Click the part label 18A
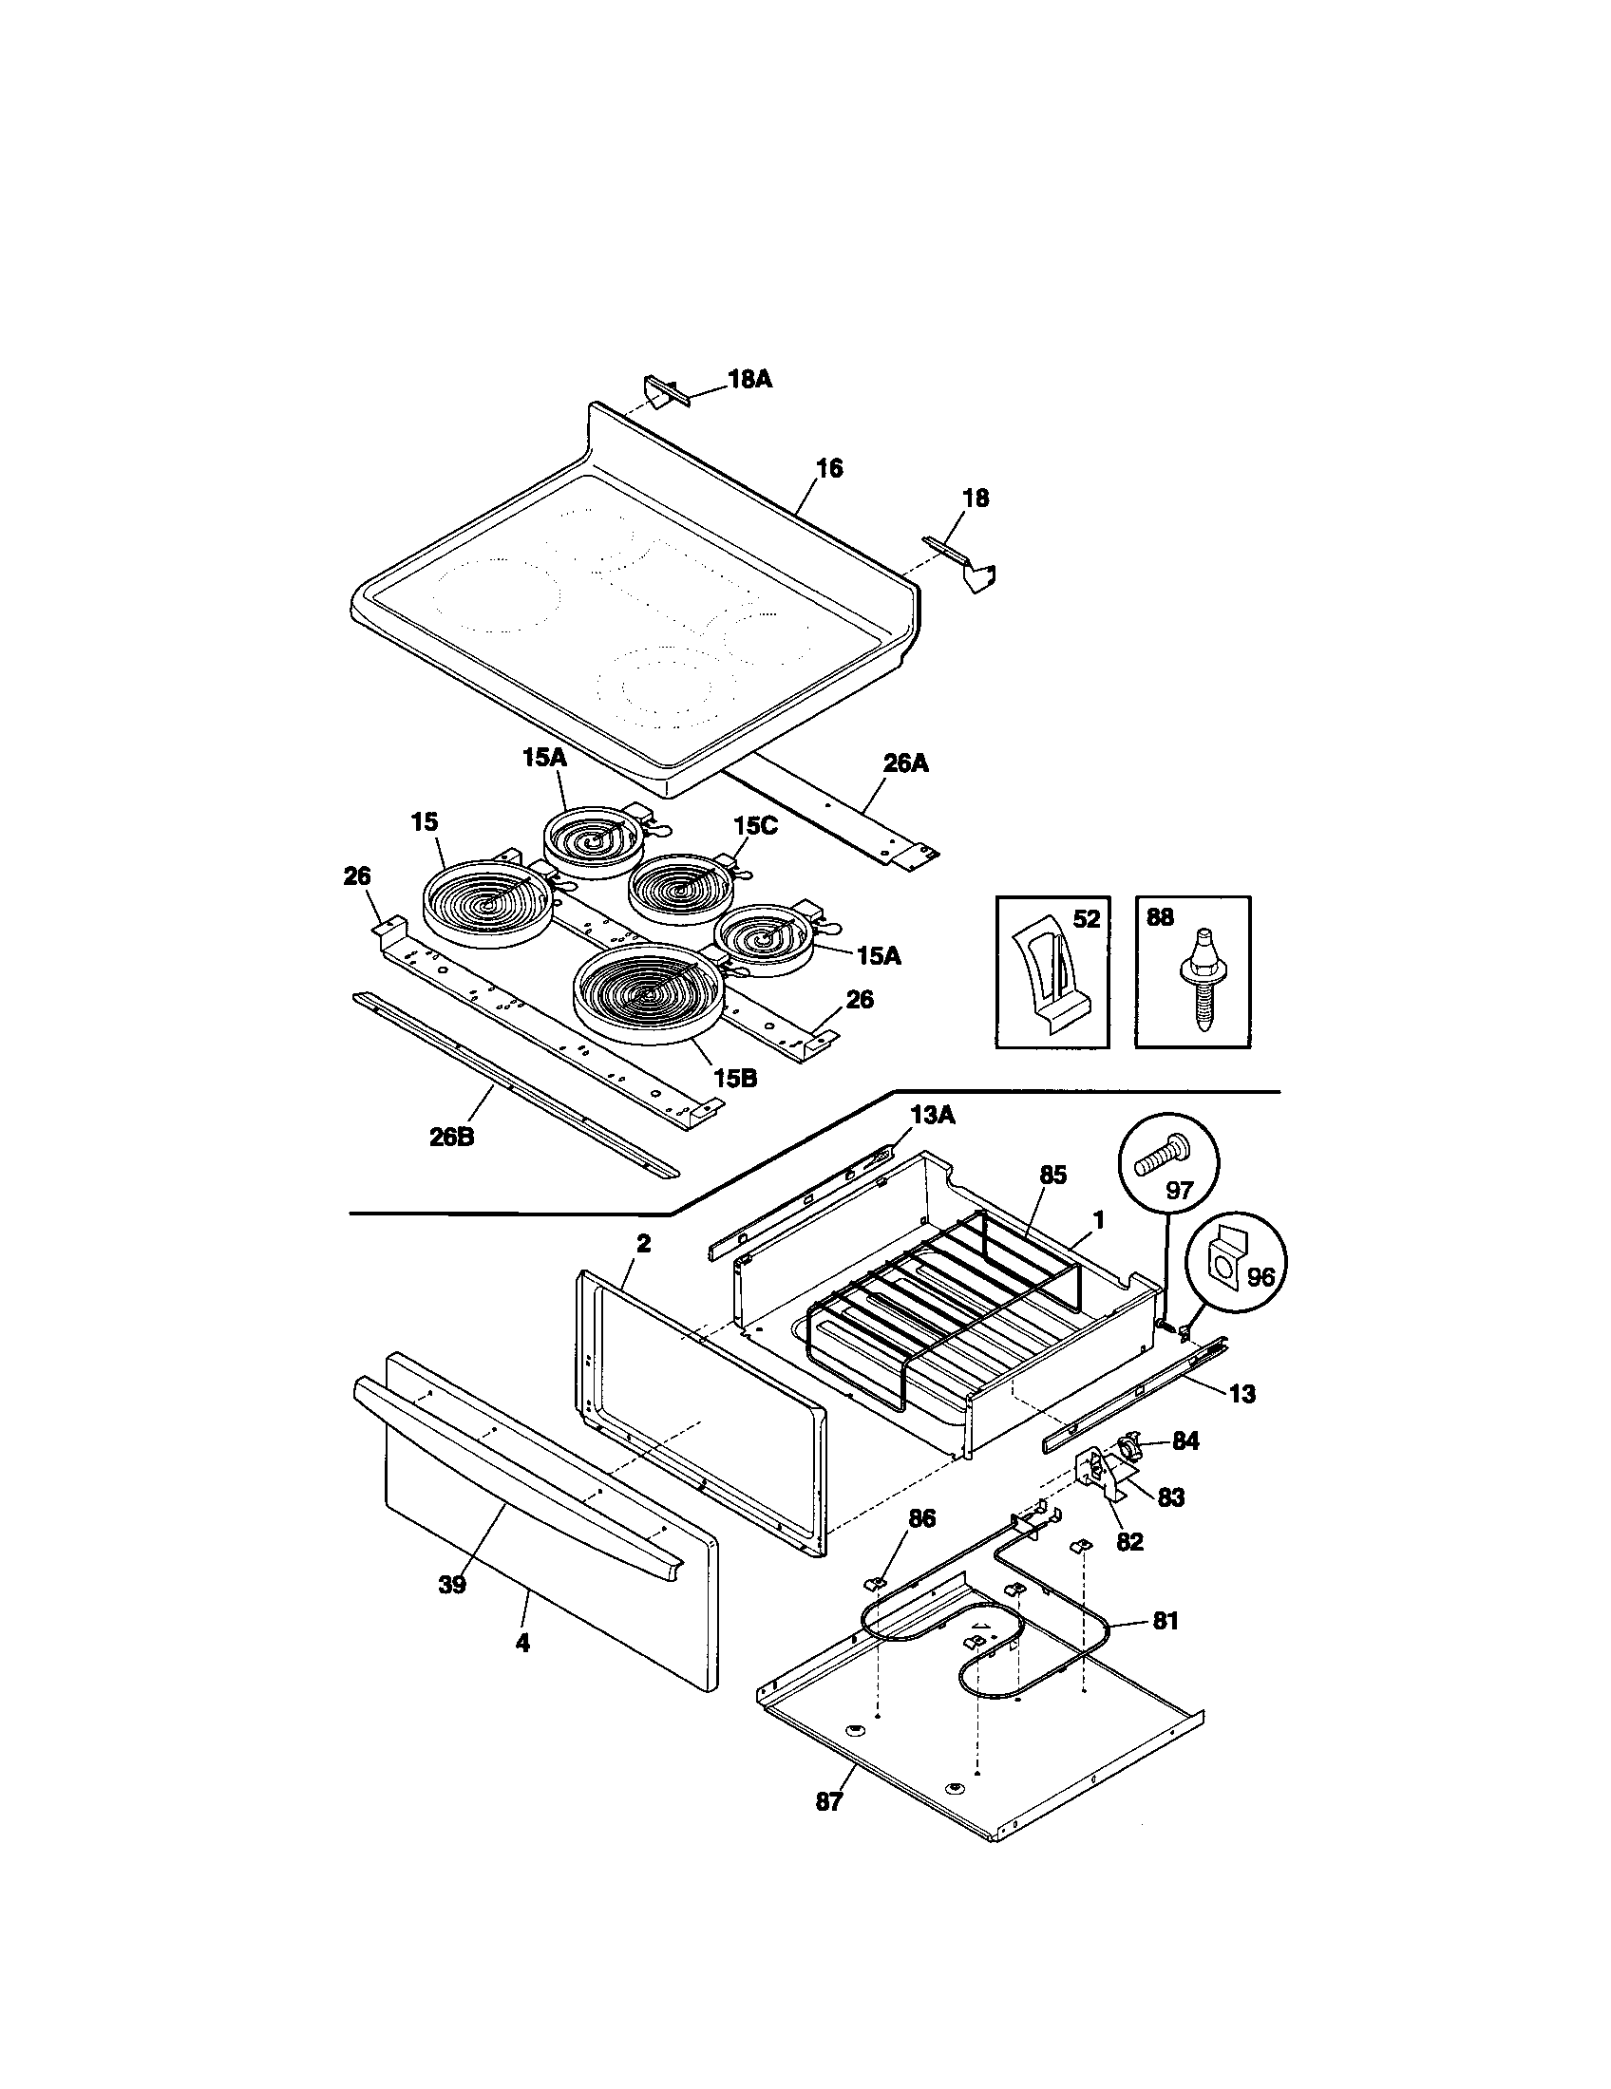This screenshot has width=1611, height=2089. [750, 380]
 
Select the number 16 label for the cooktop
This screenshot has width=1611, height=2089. [829, 469]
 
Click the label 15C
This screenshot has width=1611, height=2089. [756, 825]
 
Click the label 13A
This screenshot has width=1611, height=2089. [932, 1115]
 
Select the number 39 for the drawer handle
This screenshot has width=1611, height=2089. [451, 1585]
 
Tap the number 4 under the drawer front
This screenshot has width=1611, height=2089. [522, 1644]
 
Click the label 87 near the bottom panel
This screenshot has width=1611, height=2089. [829, 1802]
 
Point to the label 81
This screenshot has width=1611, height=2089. [1166, 1621]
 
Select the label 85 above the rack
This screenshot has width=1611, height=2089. [1052, 1176]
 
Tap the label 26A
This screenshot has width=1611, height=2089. [905, 763]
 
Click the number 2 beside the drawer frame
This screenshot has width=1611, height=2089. [643, 1244]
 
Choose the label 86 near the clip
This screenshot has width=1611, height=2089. [921, 1518]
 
